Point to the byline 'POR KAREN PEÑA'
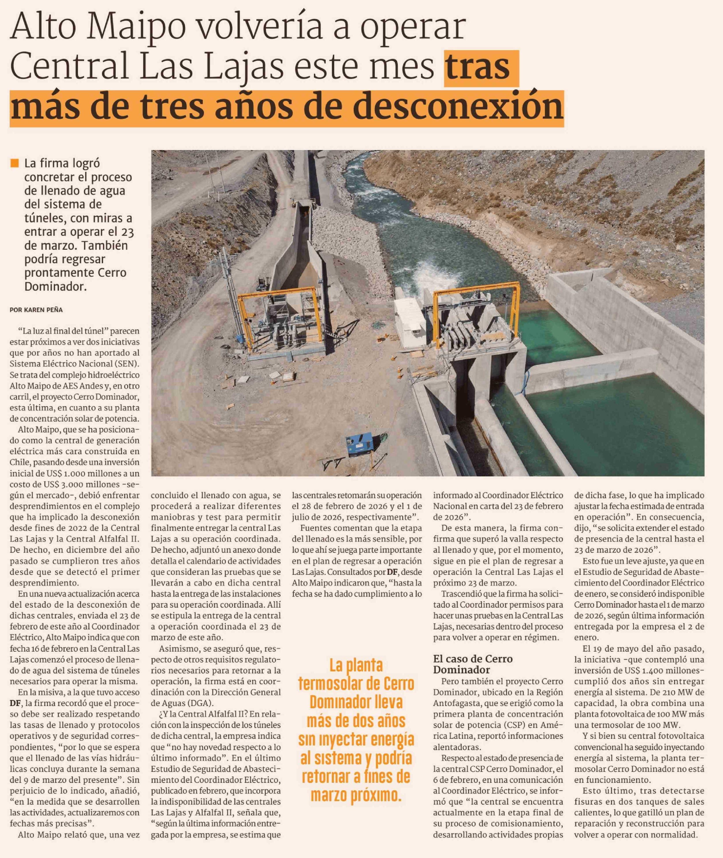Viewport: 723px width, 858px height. [x=36, y=310]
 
